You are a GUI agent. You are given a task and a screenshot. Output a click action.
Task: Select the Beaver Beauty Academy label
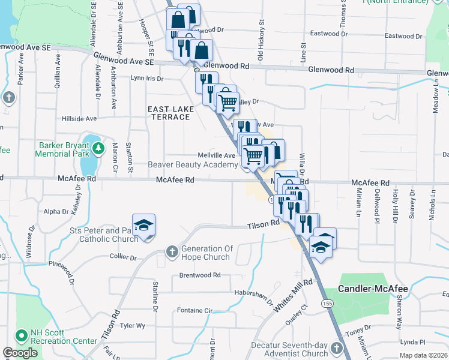click(193, 165)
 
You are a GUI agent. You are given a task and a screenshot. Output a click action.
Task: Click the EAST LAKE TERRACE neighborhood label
click(169, 112)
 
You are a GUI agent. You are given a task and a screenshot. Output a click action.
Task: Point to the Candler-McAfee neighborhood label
click(373, 289)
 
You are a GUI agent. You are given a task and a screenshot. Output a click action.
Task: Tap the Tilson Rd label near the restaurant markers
click(264, 225)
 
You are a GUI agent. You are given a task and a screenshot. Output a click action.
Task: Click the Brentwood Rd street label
click(200, 275)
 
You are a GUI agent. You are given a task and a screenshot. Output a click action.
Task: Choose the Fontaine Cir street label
click(195, 310)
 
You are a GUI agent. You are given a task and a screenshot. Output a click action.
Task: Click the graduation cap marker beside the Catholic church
click(143, 226)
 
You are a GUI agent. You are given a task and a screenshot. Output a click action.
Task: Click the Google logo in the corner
click(20, 353)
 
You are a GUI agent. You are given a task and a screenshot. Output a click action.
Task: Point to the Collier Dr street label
click(123, 257)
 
